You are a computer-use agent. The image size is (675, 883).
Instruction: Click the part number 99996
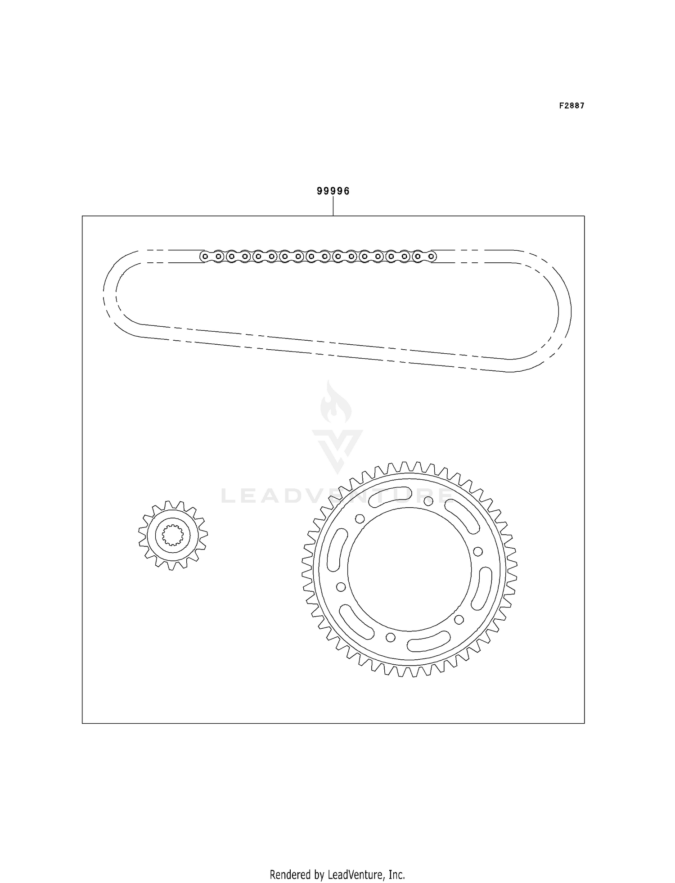click(x=333, y=191)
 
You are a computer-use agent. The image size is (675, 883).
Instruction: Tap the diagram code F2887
click(x=571, y=106)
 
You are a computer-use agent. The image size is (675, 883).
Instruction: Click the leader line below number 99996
click(x=333, y=207)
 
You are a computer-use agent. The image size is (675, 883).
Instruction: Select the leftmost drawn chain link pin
click(x=205, y=257)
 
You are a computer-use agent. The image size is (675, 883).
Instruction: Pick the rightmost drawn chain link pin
click(x=431, y=257)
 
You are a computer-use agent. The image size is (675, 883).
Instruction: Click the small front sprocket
click(x=173, y=535)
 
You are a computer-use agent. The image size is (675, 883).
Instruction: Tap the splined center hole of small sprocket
click(x=173, y=535)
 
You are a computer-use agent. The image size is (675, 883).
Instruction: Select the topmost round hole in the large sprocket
click(x=428, y=501)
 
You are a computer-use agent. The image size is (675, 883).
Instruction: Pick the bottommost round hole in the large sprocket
click(x=391, y=637)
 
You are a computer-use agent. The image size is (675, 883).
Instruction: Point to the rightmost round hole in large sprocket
click(x=478, y=551)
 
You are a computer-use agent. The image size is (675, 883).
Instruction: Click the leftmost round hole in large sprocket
click(x=341, y=587)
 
